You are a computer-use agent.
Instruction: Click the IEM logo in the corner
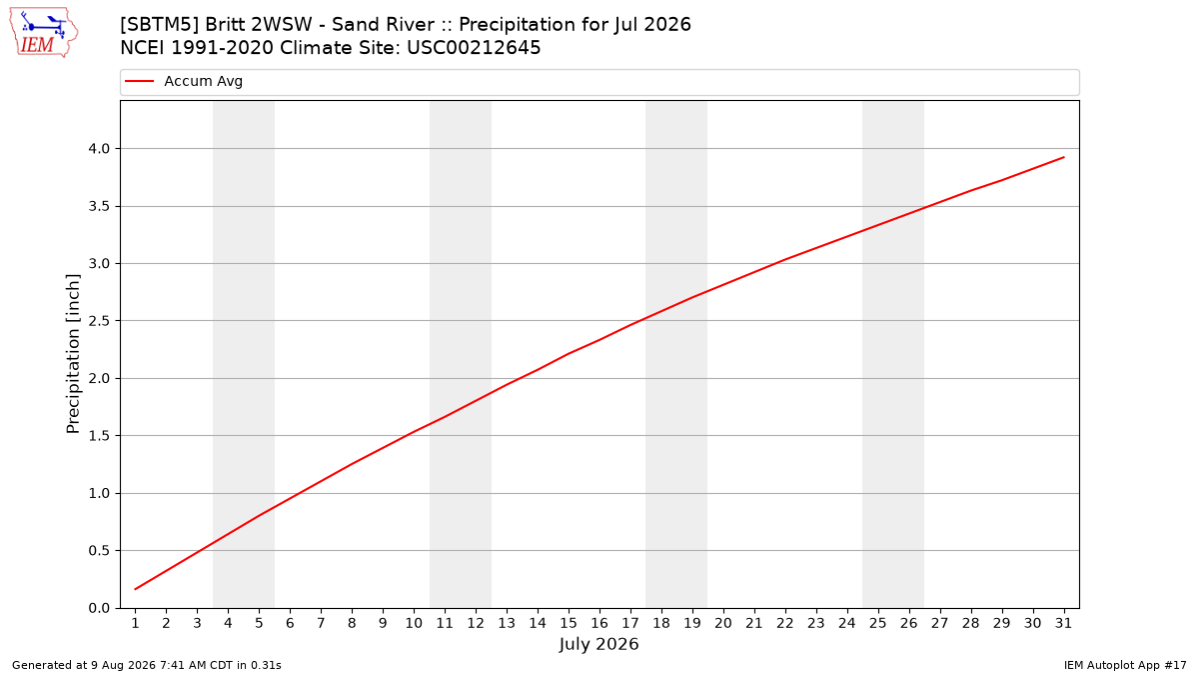43,33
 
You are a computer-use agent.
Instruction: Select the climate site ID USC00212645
474,48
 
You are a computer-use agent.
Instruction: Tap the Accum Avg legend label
204,81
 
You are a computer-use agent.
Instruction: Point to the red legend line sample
139,81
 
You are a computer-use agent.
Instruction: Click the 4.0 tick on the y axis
99,148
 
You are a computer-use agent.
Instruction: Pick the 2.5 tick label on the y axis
99,321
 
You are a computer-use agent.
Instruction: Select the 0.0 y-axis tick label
99,608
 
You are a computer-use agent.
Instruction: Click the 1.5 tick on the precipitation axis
99,436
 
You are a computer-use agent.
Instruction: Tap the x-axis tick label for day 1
136,623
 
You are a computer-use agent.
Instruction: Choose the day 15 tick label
569,623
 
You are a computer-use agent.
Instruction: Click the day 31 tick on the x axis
1063,623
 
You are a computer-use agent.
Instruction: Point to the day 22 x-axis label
785,623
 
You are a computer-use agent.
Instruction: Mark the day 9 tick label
383,623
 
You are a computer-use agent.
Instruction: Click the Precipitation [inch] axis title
73,354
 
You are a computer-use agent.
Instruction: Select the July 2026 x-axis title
599,644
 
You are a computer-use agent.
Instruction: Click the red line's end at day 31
1063,158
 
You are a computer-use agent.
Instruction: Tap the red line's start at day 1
136,589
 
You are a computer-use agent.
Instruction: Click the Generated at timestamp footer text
147,665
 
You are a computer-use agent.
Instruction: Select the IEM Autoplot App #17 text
1125,665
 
